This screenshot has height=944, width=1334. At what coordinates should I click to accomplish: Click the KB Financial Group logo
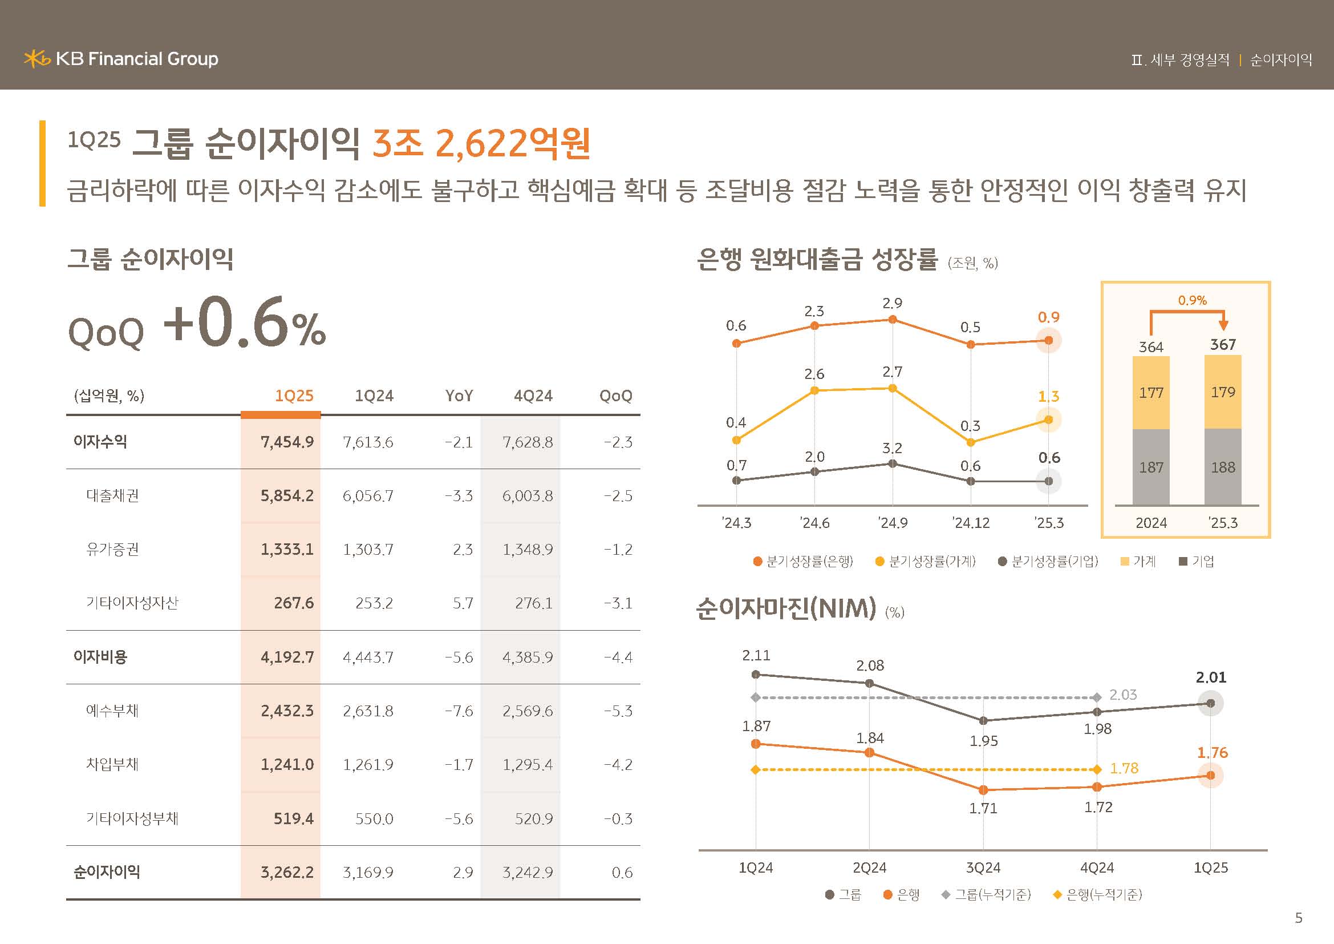tap(121, 59)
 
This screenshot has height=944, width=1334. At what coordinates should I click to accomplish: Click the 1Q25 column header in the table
tap(294, 396)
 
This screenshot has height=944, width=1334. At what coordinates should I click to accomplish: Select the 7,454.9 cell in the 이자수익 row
tap(287, 442)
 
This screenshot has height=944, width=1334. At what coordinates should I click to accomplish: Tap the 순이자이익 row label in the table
tap(106, 872)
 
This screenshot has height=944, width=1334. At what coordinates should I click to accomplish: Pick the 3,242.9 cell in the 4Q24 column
tap(528, 872)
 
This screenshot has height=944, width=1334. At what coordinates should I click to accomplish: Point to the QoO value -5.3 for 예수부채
tap(618, 711)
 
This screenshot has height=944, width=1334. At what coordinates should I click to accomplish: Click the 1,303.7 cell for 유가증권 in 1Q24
tap(368, 549)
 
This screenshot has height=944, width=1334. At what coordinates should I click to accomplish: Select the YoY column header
tap(459, 396)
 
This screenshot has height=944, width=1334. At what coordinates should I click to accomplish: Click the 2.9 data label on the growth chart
tap(893, 304)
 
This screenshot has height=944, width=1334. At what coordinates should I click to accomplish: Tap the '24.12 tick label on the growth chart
tap(971, 523)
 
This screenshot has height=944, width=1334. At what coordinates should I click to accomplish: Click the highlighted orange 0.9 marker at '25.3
tap(1049, 341)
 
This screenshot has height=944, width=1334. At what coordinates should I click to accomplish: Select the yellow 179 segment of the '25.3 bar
tap(1223, 392)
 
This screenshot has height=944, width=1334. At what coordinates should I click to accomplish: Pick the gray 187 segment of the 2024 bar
tap(1151, 467)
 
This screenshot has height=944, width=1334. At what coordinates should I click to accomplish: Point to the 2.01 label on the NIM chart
tap(1211, 678)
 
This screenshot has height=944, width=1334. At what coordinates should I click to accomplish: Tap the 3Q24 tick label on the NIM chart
tap(983, 869)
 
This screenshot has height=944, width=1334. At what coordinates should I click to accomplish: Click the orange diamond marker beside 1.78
tap(1097, 769)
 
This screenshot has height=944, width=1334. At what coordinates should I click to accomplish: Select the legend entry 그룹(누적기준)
tap(987, 894)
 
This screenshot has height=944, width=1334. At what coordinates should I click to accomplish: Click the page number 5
tap(1299, 918)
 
